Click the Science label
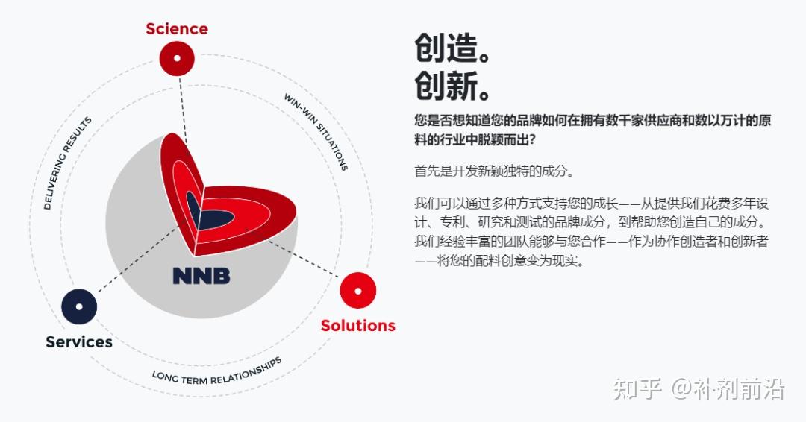pos(177,29)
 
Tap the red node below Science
pos(177,58)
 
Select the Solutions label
pos(357,325)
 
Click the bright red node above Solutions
pos(358,291)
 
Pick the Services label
pos(79,342)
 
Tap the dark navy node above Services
pos(79,306)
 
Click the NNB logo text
pos(201,276)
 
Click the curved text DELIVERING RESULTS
pos(67,163)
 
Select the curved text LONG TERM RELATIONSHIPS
pos(217,371)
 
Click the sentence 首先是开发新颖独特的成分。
pos(495,171)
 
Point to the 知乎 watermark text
pos(637,389)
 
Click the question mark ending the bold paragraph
pos(531,139)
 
